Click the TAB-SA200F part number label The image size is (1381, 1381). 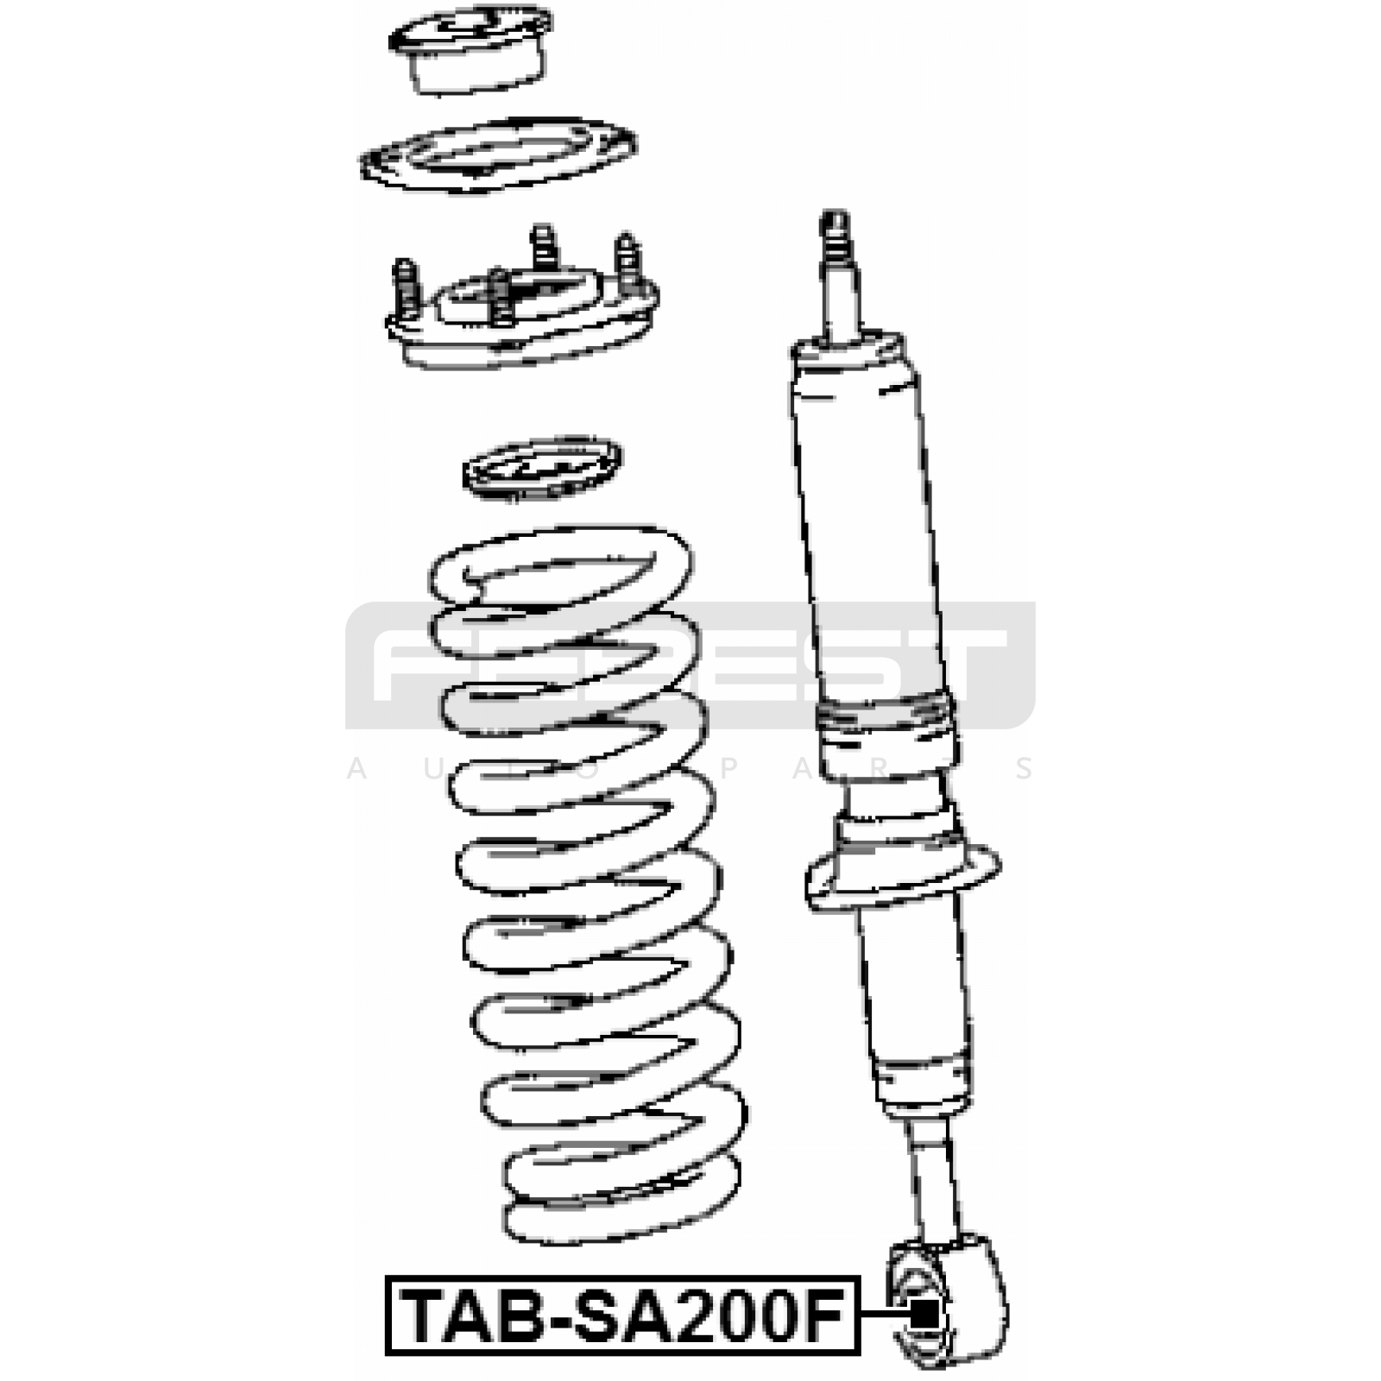[x=622, y=1315]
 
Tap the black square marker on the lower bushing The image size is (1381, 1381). [x=925, y=1315]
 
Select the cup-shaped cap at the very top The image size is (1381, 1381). [x=471, y=49]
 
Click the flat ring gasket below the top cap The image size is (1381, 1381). [x=499, y=154]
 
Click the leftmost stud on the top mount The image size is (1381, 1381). [x=406, y=289]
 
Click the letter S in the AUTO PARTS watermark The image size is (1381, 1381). [x=1025, y=769]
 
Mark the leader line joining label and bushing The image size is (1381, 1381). [x=886, y=1315]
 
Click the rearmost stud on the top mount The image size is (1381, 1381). [x=543, y=247]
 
